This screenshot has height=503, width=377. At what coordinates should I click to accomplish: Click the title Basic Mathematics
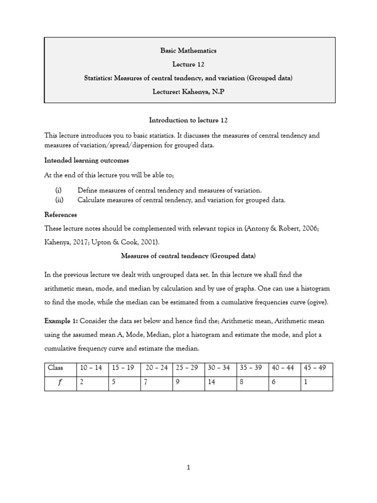(x=188, y=51)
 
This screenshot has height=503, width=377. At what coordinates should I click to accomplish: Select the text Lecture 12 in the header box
(x=188, y=64)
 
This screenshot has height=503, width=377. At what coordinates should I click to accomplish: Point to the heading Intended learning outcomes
(x=87, y=160)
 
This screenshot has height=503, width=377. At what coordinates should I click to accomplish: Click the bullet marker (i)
(x=58, y=190)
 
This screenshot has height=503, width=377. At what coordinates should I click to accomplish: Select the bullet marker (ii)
(x=58, y=200)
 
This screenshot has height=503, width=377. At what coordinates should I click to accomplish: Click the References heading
(x=60, y=215)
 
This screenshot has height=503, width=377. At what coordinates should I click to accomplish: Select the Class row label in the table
(x=55, y=368)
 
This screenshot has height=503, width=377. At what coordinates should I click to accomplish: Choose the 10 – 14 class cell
(x=91, y=368)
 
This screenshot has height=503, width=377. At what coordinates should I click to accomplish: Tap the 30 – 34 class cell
(x=219, y=368)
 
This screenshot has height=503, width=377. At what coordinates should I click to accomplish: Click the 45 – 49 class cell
(x=315, y=368)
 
